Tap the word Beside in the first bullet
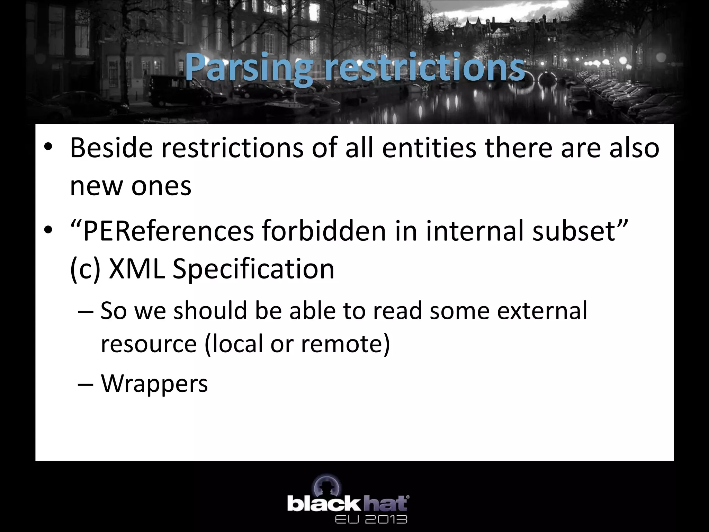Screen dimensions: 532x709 tap(111, 148)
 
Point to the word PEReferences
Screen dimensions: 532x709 tap(168, 231)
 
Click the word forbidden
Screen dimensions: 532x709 tap(324, 231)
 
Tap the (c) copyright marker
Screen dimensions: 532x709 tap(85, 269)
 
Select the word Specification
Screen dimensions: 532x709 tap(253, 269)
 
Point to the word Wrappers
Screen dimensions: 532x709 tap(154, 383)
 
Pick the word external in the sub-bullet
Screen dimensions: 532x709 tap(542, 310)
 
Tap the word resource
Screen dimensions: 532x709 tap(149, 344)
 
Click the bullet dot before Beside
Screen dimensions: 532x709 tap(48, 148)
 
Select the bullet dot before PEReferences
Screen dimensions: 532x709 tap(48, 231)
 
